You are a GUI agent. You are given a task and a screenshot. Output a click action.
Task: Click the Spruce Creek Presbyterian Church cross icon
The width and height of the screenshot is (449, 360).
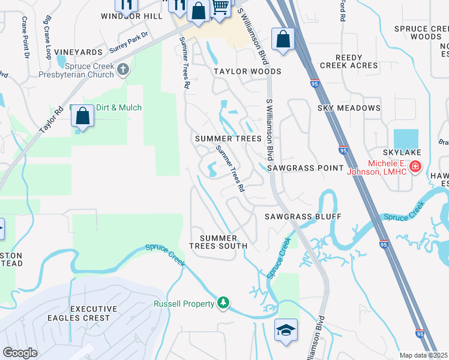coord(123,69)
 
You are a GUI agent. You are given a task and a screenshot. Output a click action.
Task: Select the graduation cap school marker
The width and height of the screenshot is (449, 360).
coord(286,329)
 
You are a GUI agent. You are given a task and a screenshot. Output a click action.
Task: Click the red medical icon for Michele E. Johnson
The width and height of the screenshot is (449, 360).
coord(414,166)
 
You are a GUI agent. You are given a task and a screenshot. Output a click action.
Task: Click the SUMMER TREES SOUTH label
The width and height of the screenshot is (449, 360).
coord(218,242)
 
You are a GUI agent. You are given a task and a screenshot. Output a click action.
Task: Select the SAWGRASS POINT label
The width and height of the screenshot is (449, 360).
coord(305,169)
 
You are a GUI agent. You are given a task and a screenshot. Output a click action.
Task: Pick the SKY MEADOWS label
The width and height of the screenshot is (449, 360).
coord(349,108)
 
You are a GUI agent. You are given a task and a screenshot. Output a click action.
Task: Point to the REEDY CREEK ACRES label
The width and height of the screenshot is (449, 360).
coord(349,61)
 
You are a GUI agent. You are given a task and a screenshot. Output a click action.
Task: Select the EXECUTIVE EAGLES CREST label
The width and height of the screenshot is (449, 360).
coord(89,313)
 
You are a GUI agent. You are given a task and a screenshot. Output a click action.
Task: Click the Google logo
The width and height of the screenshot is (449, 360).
coord(20,353)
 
